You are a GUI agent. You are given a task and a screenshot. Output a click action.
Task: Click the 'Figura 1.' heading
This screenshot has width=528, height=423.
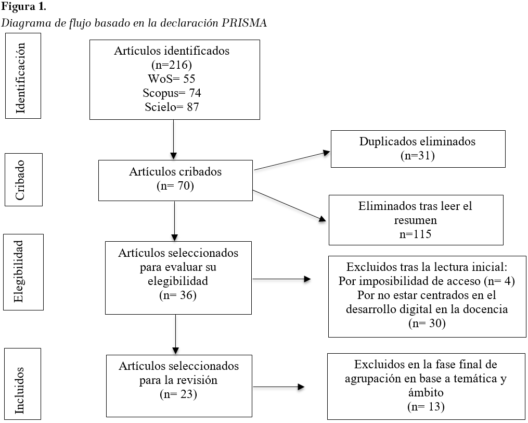pyautogui.click(x=23, y=7)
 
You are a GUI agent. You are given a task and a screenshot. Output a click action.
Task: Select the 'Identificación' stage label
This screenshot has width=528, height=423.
pyautogui.click(x=20, y=78)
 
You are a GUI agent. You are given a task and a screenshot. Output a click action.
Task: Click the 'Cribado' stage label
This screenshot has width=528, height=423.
pyautogui.click(x=20, y=180)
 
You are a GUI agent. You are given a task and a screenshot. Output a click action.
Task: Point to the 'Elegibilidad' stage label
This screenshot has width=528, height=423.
pyautogui.click(x=19, y=271)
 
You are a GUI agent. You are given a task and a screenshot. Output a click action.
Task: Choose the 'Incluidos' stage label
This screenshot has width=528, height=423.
pyautogui.click(x=20, y=390)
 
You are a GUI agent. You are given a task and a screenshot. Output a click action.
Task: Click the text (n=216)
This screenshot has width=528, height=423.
pyautogui.click(x=172, y=65)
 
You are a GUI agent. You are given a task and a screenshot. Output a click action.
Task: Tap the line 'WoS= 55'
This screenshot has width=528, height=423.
pyautogui.click(x=172, y=79)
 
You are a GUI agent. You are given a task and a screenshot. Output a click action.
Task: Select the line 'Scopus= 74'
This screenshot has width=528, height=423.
pyautogui.click(x=172, y=93)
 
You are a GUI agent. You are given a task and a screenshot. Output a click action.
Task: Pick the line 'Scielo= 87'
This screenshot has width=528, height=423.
pyautogui.click(x=172, y=107)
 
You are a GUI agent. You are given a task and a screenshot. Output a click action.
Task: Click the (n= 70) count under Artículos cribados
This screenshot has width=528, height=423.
pyautogui.click(x=175, y=186)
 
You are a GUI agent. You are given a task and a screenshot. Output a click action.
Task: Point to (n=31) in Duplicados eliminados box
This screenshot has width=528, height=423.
pyautogui.click(x=418, y=156)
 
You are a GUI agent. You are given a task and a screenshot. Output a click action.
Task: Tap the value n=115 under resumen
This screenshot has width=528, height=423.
pyautogui.click(x=416, y=234)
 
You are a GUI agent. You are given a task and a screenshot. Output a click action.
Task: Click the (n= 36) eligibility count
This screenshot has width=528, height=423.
pyautogui.click(x=178, y=295)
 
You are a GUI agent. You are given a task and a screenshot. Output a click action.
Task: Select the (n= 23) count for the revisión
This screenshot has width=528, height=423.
pyautogui.click(x=178, y=394)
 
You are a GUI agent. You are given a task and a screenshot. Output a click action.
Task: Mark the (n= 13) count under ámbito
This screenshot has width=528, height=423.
pyautogui.click(x=426, y=406)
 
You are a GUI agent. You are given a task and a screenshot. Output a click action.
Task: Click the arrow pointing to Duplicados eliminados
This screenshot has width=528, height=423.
pyautogui.click(x=292, y=161)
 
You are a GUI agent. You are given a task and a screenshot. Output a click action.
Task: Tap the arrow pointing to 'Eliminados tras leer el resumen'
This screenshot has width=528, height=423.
pyautogui.click(x=289, y=206)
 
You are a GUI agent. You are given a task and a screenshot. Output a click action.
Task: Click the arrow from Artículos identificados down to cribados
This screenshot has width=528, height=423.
pyautogui.click(x=173, y=139)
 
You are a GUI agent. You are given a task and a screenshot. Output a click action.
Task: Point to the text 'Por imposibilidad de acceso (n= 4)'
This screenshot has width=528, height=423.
pyautogui.click(x=427, y=281)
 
